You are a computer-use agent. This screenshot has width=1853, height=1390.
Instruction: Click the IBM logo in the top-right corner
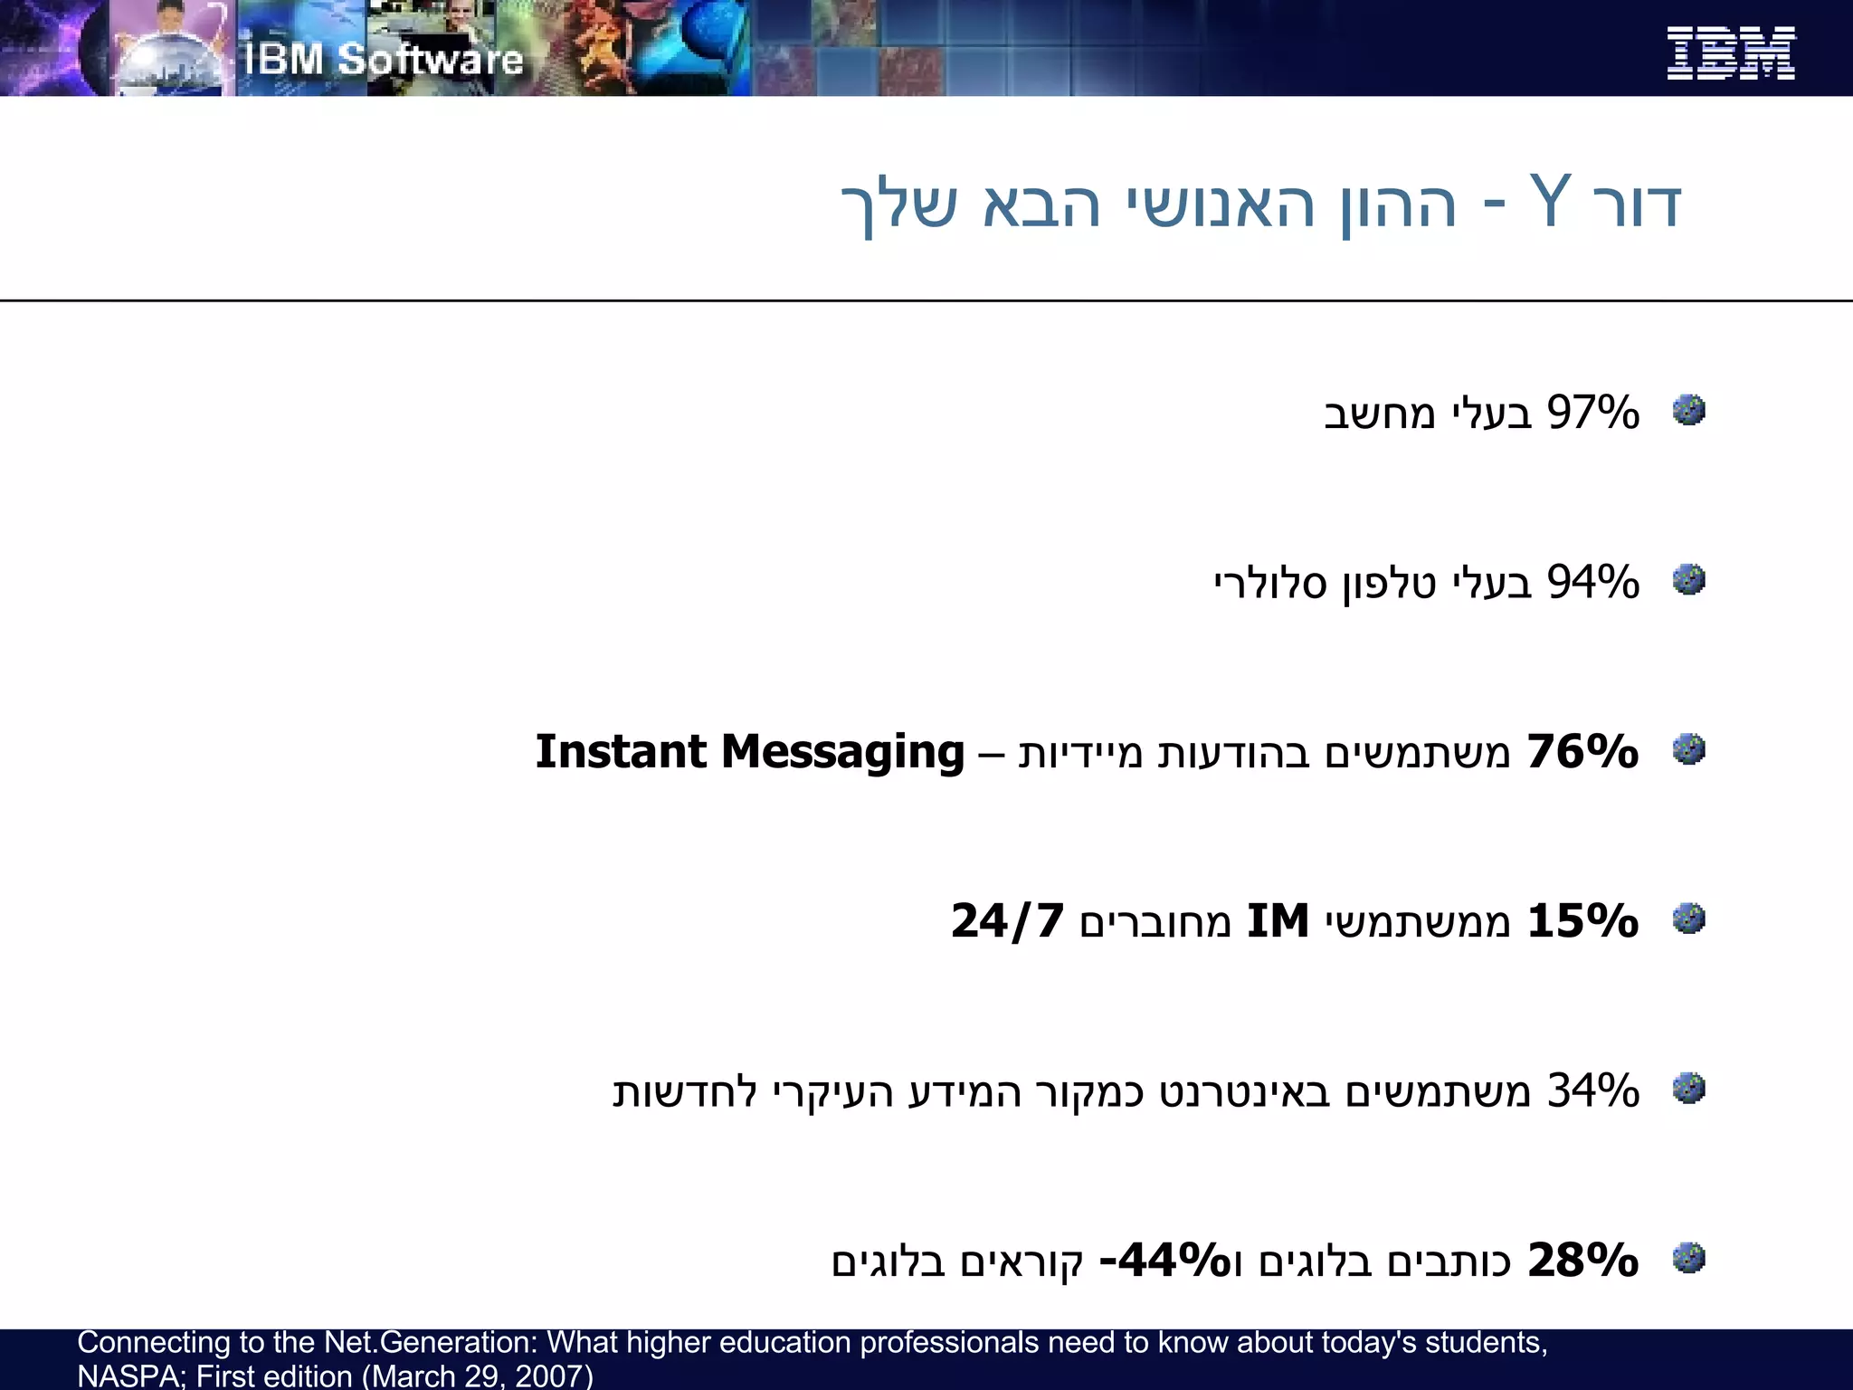1730,53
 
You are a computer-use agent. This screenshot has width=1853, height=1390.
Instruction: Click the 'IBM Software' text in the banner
384,60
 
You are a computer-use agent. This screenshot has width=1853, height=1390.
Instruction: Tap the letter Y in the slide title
1550,201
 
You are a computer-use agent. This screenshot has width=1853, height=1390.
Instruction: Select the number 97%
1592,413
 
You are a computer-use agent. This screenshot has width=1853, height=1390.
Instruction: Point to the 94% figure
1592,582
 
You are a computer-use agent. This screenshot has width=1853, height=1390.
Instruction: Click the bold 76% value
1582,751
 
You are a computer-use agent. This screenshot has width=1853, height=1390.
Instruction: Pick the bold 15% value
1582,921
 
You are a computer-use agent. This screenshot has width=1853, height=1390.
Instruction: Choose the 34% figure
1592,1090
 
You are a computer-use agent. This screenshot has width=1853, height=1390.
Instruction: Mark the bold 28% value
1582,1260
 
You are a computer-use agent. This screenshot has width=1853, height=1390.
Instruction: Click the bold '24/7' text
1007,921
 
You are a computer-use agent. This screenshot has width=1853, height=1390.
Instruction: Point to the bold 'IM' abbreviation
1278,921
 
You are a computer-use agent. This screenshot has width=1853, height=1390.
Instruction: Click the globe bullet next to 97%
1688,410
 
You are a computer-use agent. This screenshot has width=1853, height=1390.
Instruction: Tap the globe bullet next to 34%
1688,1088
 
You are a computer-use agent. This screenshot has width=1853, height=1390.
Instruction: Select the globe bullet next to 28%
1688,1257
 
